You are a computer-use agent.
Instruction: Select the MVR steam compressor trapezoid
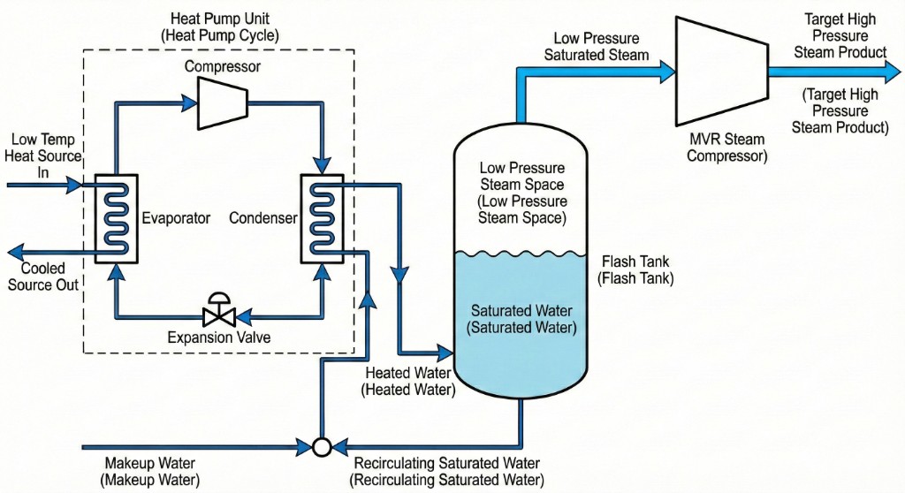point(719,72)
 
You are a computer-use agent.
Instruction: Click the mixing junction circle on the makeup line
point(322,447)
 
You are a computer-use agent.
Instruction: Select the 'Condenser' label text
point(263,218)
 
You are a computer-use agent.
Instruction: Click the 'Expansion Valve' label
point(218,338)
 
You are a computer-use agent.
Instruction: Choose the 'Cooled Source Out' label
point(40,276)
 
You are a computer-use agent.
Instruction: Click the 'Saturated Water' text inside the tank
point(521,319)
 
